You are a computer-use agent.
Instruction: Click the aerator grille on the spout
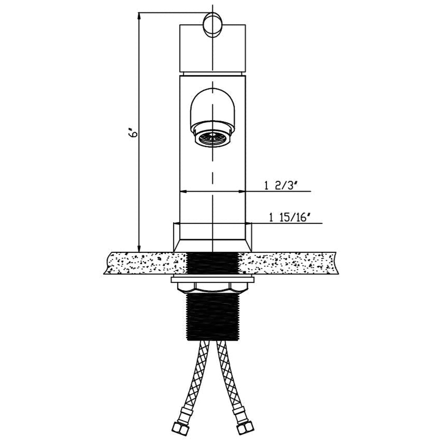point(212,139)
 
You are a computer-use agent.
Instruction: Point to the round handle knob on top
point(213,25)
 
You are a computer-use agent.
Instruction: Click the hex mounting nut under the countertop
point(212,288)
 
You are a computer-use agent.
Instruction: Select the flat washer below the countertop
point(212,280)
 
